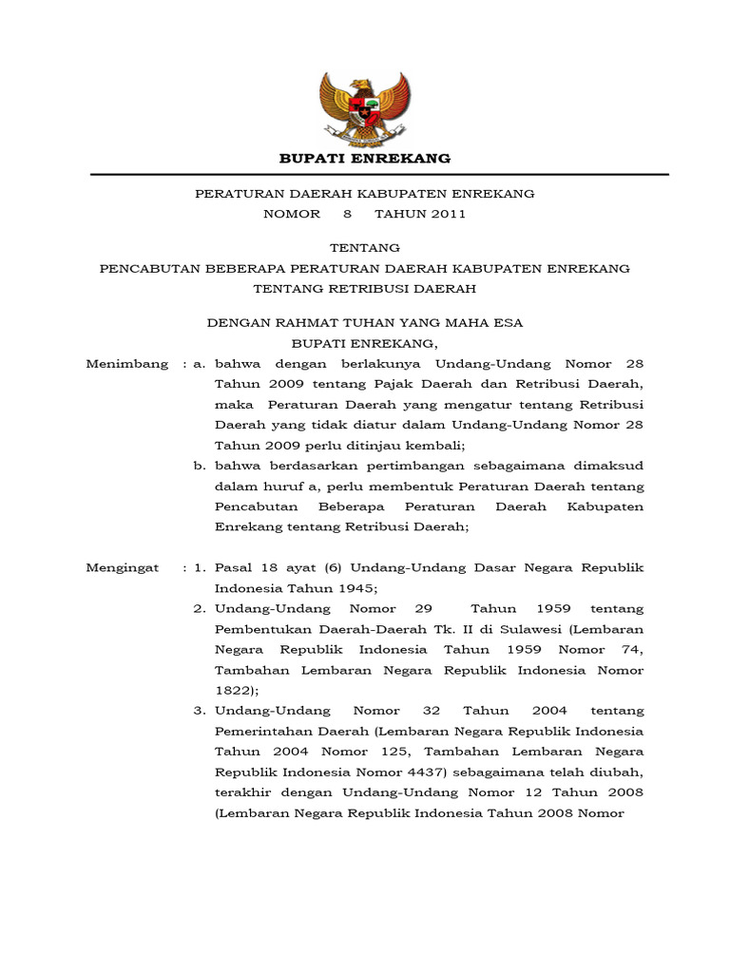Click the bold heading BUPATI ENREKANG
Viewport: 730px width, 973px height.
(x=365, y=158)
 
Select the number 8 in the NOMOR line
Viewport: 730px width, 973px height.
(x=348, y=214)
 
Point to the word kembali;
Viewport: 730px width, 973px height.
(x=425, y=445)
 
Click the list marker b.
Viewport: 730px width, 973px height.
(x=200, y=466)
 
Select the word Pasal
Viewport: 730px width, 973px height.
(x=232, y=567)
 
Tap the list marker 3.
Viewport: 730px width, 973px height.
(x=200, y=711)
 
